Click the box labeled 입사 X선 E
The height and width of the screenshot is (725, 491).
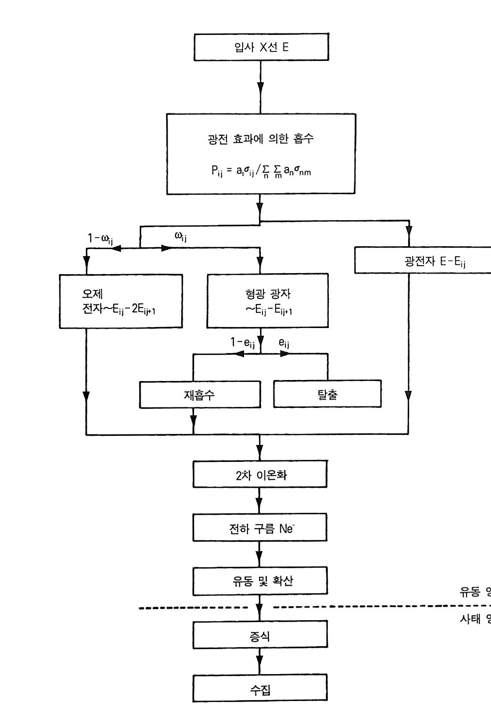coord(261,47)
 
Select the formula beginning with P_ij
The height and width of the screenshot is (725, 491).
coord(261,171)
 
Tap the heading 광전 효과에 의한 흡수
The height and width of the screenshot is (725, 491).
coord(261,139)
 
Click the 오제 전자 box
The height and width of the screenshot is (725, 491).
coord(121,301)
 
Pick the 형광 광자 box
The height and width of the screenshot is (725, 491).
coord(268,301)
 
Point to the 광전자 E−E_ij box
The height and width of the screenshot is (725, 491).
coord(423,260)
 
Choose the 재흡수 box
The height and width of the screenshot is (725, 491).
coord(200,394)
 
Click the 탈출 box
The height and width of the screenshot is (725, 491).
coord(327,394)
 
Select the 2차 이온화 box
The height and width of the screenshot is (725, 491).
coord(260,474)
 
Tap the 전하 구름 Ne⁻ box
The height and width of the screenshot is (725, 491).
coord(260,528)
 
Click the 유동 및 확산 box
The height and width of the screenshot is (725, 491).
coord(260,581)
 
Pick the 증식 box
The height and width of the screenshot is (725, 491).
coord(260,636)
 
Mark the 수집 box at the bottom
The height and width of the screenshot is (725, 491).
coord(260,690)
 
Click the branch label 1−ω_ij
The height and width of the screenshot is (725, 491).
coord(100,239)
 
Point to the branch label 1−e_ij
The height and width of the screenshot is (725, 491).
coord(243,343)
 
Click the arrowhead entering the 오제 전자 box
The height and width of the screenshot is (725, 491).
coord(86,264)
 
